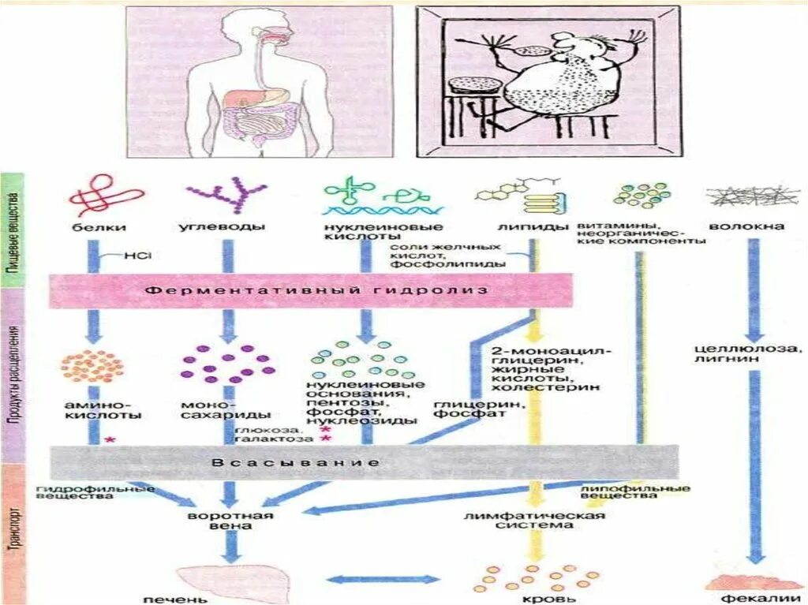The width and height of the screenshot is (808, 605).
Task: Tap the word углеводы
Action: coord(226,227)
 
